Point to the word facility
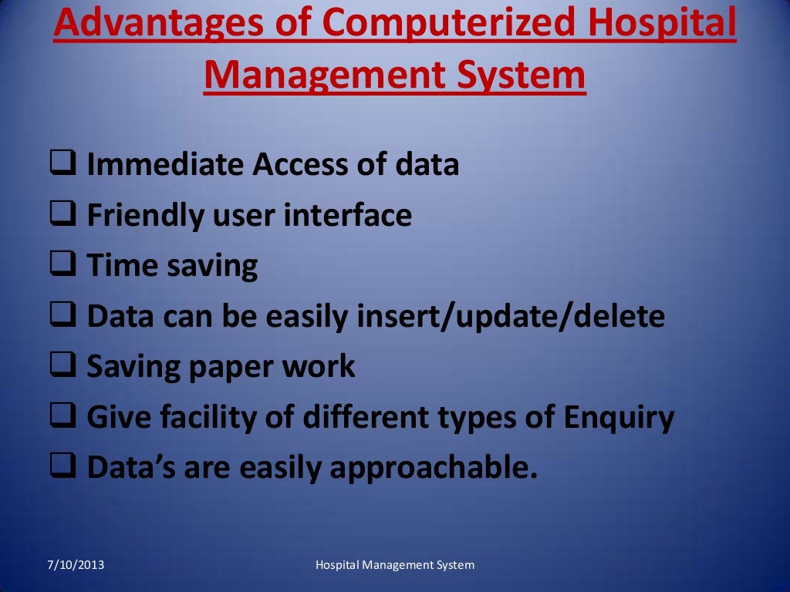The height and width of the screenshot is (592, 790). [x=194, y=419]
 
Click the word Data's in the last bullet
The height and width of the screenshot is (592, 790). [x=130, y=469]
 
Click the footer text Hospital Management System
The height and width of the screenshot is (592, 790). [x=395, y=566]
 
